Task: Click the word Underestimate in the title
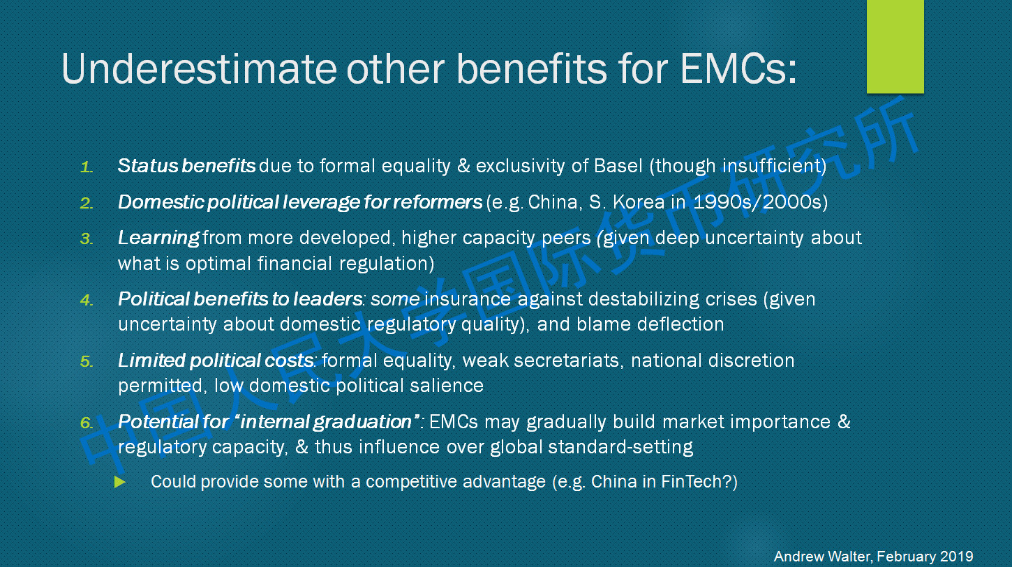click(199, 68)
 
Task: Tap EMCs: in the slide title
click(738, 68)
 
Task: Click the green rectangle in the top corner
click(895, 47)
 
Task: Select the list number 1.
click(87, 167)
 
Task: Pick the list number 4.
click(87, 300)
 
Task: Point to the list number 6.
click(87, 423)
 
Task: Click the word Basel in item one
click(618, 166)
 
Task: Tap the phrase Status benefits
click(186, 166)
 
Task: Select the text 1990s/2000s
click(757, 202)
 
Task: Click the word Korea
click(639, 202)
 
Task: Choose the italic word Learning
click(158, 238)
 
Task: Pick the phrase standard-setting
click(620, 447)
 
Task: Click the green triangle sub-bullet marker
click(120, 482)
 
